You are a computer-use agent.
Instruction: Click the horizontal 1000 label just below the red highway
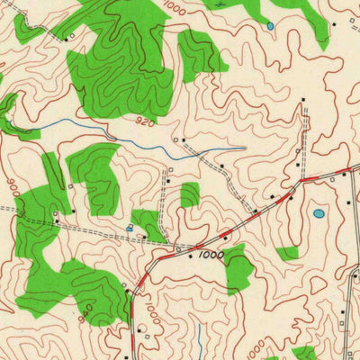tap(211, 256)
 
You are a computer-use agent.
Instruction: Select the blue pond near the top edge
tap(270, 26)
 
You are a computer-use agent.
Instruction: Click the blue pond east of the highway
tap(319, 214)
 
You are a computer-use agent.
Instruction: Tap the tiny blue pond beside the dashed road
tap(130, 229)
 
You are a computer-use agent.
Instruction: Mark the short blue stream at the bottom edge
tap(200, 342)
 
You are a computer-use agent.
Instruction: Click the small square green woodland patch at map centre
tap(189, 194)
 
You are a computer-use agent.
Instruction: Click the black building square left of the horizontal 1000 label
tap(191, 256)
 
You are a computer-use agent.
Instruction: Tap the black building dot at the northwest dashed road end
tap(67, 38)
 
